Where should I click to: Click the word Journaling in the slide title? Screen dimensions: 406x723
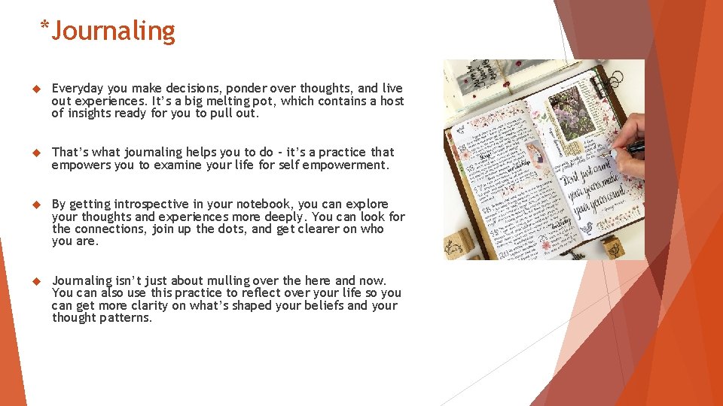[113, 31]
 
